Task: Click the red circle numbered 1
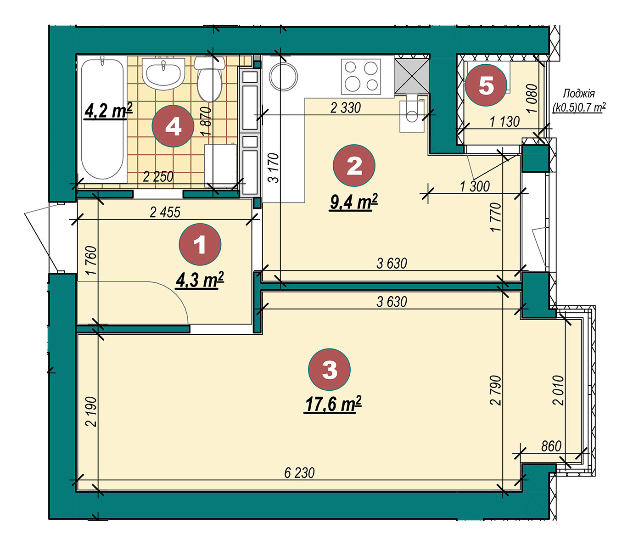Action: (200, 244)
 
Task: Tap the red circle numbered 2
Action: (354, 165)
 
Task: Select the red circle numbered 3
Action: (329, 369)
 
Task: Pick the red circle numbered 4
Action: (173, 126)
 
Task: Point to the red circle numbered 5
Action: (486, 85)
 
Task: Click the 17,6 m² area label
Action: (333, 404)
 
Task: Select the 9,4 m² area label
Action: (354, 202)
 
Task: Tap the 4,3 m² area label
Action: (200, 280)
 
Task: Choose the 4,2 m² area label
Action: (108, 111)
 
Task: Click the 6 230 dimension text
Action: (299, 473)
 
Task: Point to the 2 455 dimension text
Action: (165, 212)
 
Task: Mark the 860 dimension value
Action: (551, 446)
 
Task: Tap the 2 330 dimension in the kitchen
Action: (346, 108)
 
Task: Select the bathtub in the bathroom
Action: (102, 119)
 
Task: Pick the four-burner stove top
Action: (361, 76)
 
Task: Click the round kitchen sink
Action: (283, 76)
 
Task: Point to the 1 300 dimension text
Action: (475, 186)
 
